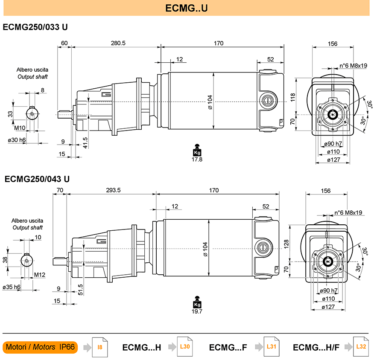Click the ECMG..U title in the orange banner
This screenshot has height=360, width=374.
[x=187, y=8]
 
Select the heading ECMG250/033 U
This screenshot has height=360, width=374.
[x=35, y=27]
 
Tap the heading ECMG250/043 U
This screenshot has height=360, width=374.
[x=37, y=179]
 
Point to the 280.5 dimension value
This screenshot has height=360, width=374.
[x=118, y=43]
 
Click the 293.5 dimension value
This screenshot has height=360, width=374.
[x=113, y=190]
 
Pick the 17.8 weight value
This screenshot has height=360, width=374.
[x=197, y=160]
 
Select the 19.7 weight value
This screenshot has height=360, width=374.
[x=197, y=311]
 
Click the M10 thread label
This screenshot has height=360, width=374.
[x=20, y=128]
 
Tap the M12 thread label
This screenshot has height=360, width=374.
[x=40, y=275]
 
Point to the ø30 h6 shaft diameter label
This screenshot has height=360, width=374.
[x=17, y=140]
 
